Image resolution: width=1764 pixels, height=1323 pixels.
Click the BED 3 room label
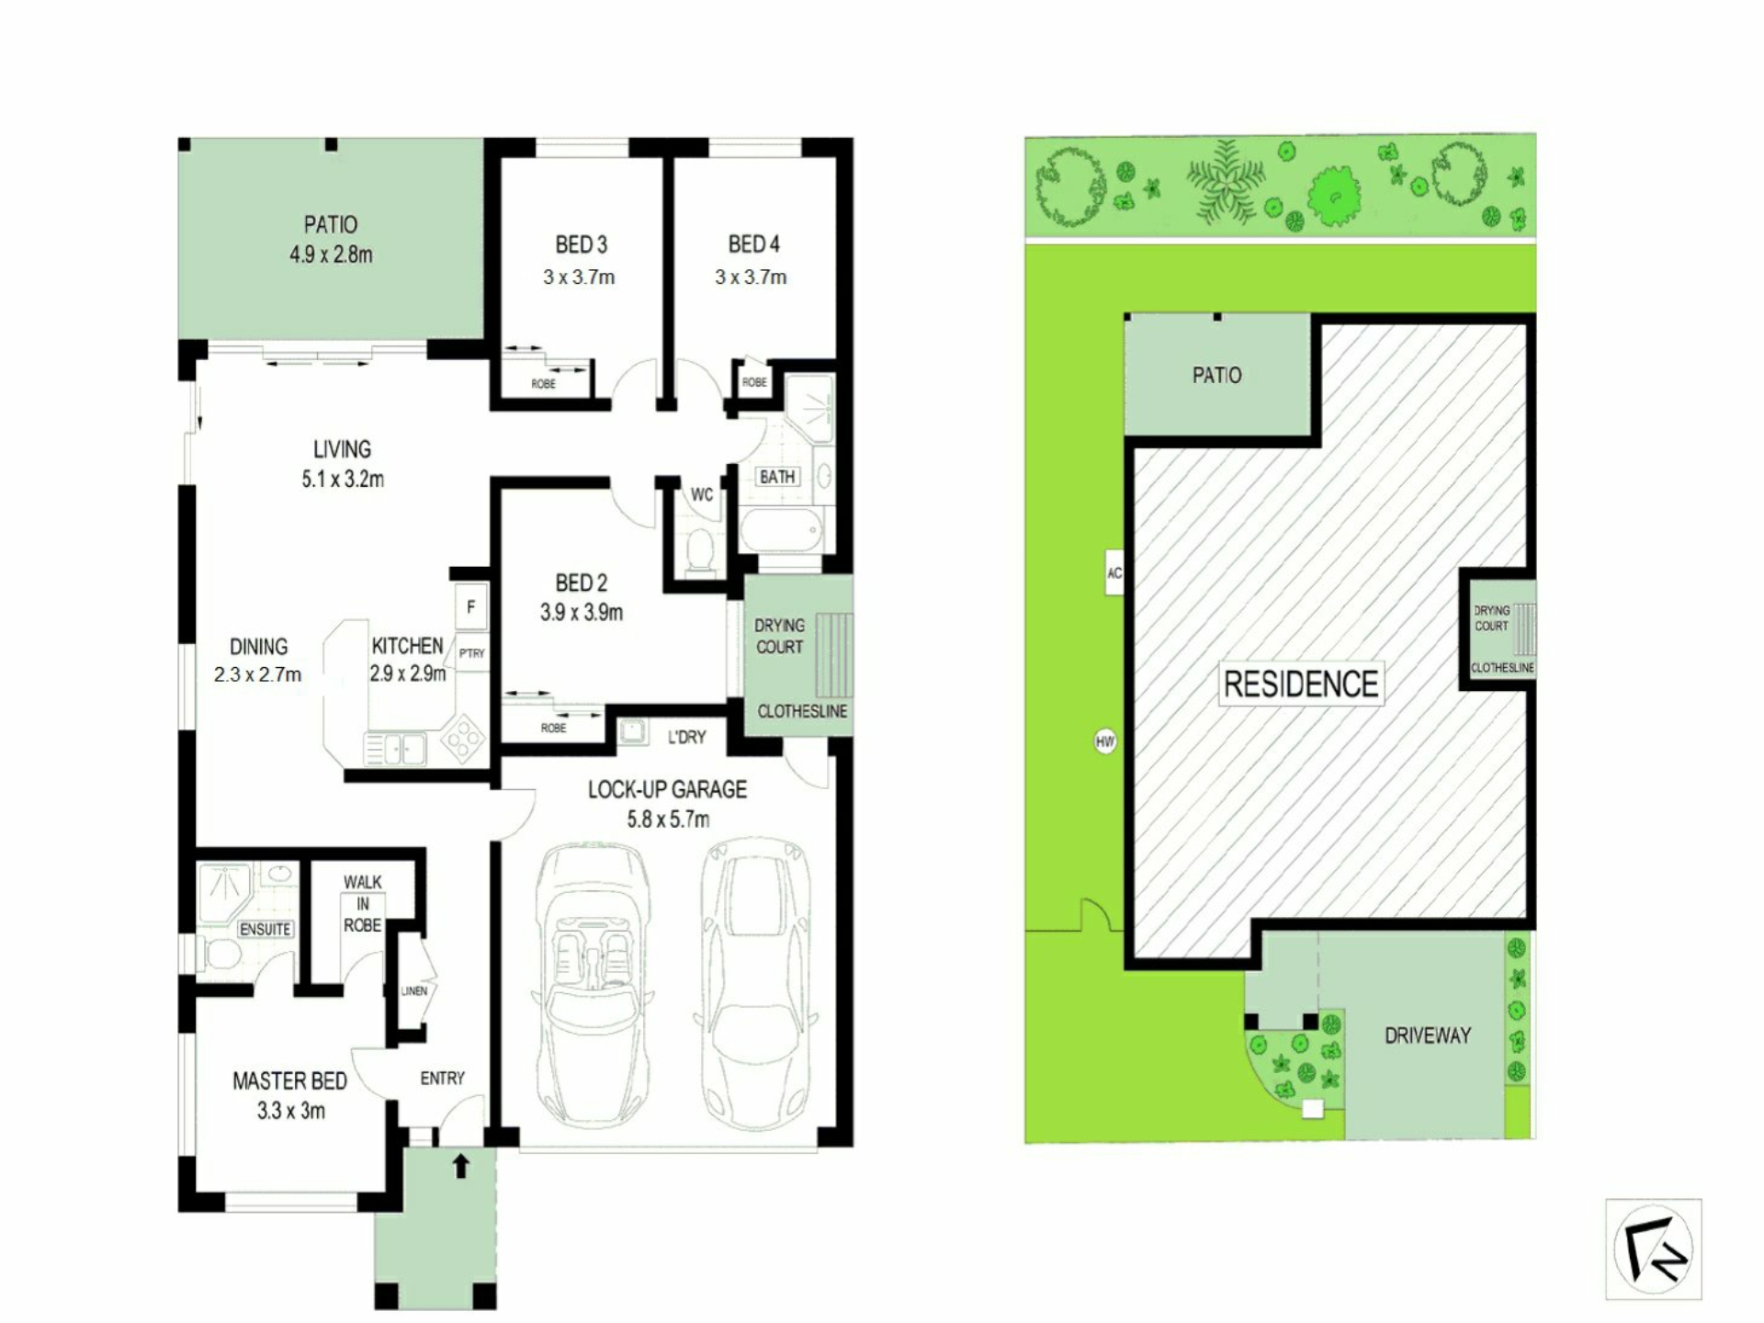[x=581, y=244]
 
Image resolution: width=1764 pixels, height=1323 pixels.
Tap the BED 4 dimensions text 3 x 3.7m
[x=751, y=277]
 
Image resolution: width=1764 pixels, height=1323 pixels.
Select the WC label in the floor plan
[x=702, y=495]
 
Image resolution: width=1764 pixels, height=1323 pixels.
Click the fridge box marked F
[x=470, y=606]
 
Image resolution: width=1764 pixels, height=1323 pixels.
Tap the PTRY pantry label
[x=471, y=653]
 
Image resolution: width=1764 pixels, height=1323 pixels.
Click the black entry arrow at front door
[x=461, y=1166]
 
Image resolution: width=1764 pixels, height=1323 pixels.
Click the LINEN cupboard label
[x=414, y=991]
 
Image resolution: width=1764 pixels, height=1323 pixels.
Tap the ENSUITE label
[x=266, y=929]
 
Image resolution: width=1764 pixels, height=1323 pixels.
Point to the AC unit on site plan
[x=1114, y=572]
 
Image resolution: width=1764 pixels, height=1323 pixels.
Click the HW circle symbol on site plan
[x=1105, y=741]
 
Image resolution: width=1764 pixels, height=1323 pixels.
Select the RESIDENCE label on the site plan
[x=1301, y=684]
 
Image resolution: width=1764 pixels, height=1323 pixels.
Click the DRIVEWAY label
[x=1428, y=1035]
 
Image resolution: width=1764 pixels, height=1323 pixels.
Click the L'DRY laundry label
[x=686, y=737]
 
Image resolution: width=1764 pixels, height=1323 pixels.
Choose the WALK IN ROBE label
[x=363, y=903]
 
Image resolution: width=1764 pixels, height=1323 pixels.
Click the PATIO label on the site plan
[x=1216, y=375]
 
